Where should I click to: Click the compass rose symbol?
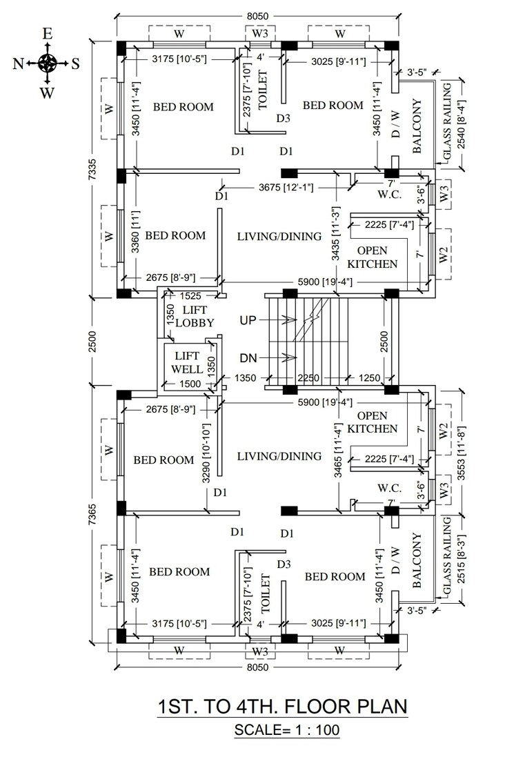click(x=47, y=63)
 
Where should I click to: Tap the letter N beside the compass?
click(x=19, y=64)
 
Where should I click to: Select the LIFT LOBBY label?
click(x=195, y=317)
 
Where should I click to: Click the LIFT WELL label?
click(x=187, y=362)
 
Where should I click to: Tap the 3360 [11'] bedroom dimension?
click(x=135, y=235)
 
